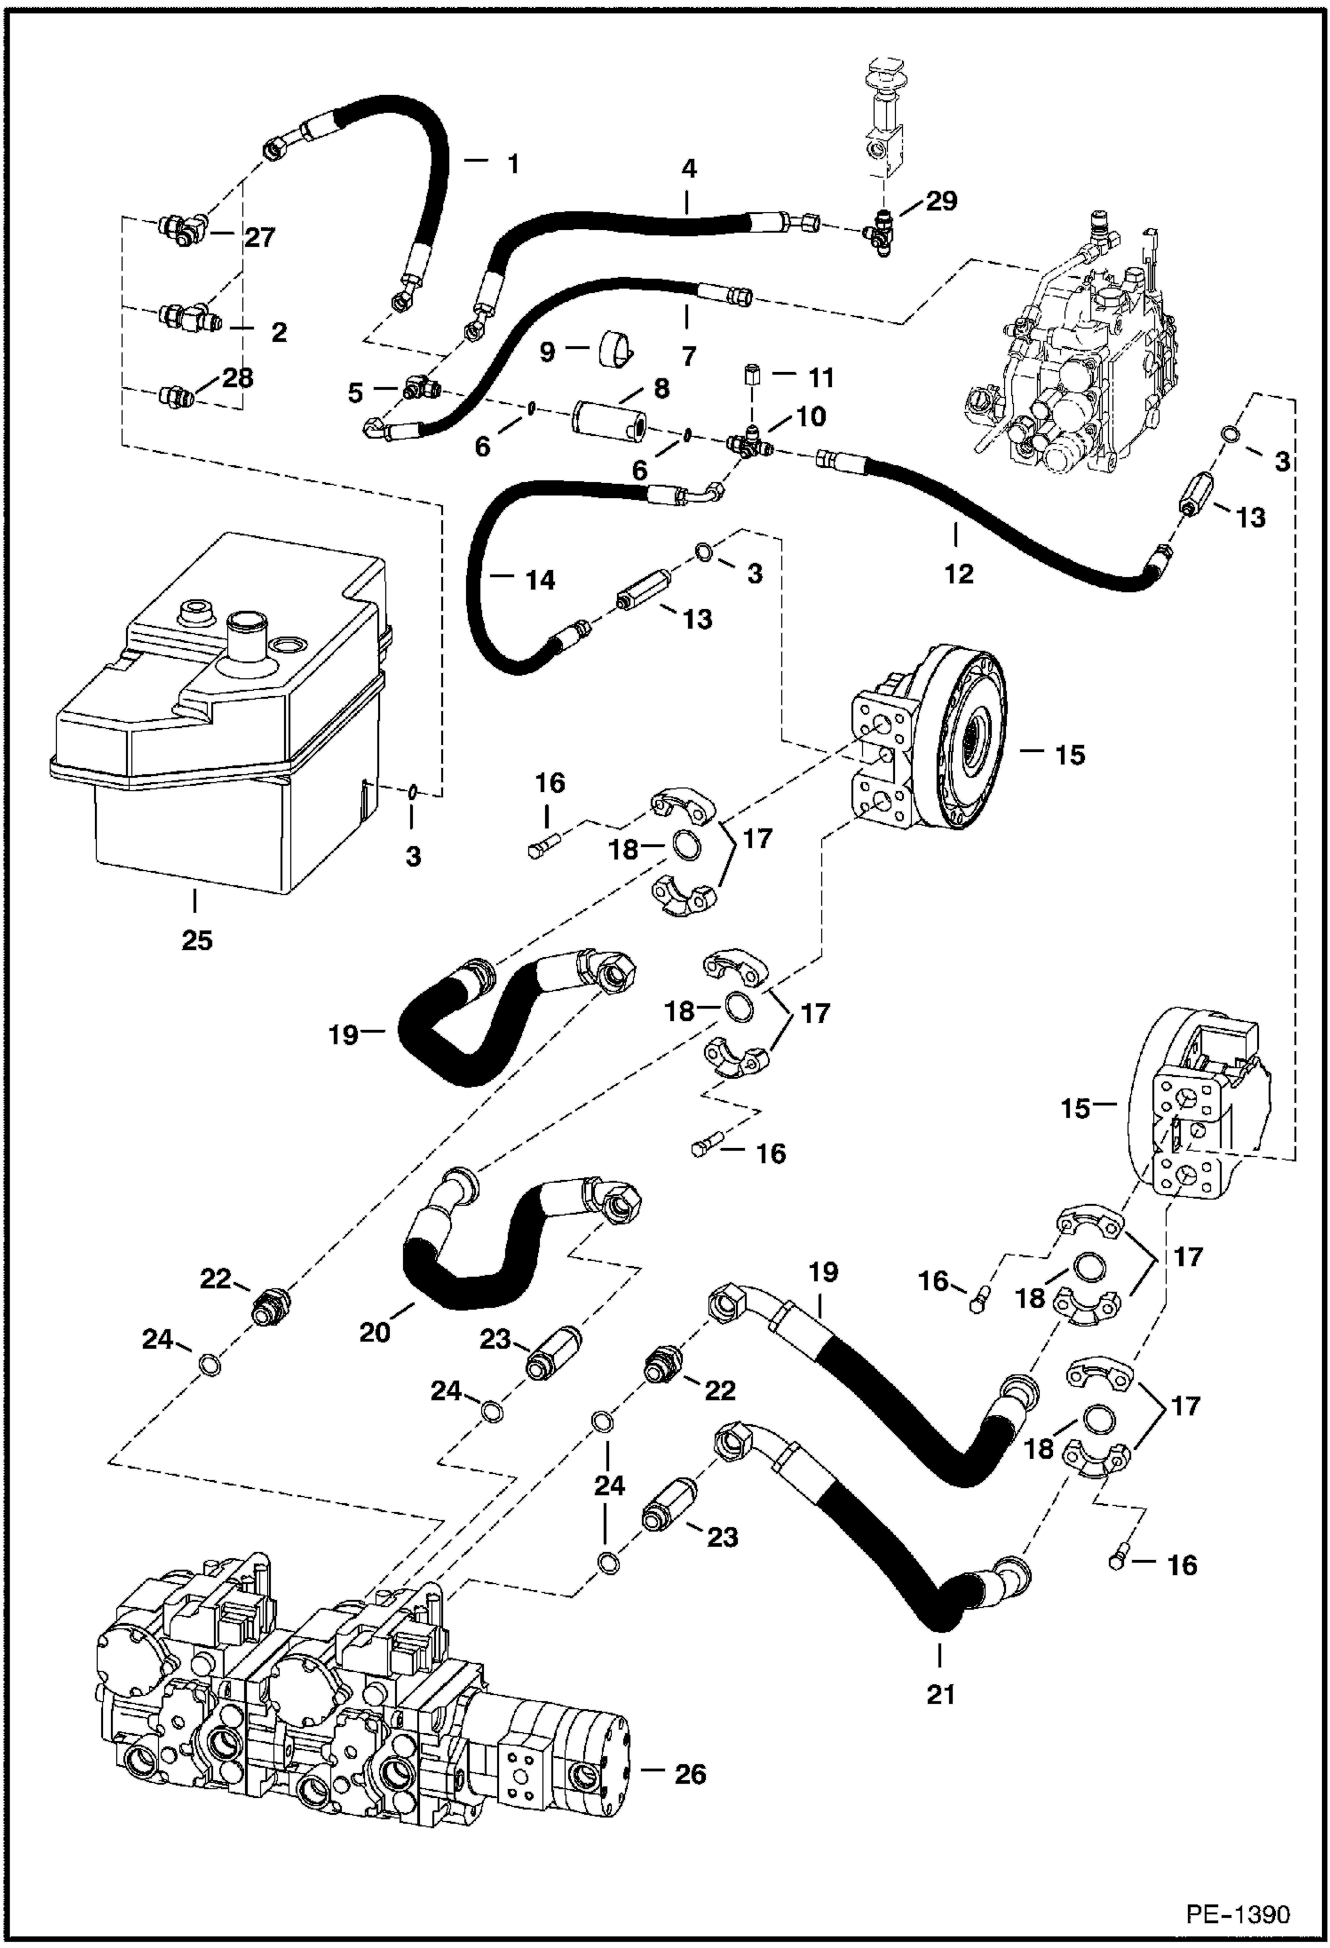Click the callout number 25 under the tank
[x=197, y=939]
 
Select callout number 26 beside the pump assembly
[x=690, y=1774]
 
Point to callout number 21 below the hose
[x=940, y=1694]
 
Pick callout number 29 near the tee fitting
[x=941, y=201]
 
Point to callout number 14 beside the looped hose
[x=540, y=580]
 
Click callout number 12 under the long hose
[x=958, y=574]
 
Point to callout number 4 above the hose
[x=689, y=170]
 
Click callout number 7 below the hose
[x=689, y=357]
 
